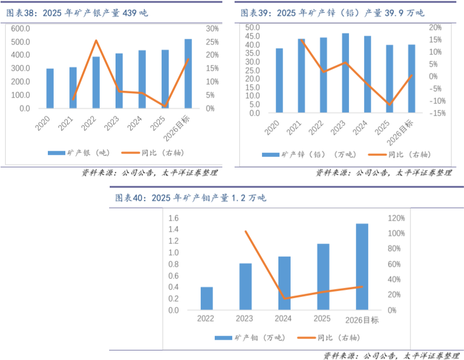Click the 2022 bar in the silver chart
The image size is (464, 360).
point(96,82)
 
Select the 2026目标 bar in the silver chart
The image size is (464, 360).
point(188,74)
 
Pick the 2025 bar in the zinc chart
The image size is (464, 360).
point(389,79)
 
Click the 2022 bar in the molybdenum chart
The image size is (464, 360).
point(207,298)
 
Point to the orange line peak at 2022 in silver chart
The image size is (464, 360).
point(96,40)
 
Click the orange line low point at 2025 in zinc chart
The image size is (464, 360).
point(389,105)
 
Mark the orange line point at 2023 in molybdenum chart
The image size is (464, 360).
point(246,232)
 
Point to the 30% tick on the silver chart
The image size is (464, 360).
point(212,29)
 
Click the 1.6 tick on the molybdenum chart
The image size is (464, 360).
point(173,218)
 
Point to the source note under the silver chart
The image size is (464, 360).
point(149,173)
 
